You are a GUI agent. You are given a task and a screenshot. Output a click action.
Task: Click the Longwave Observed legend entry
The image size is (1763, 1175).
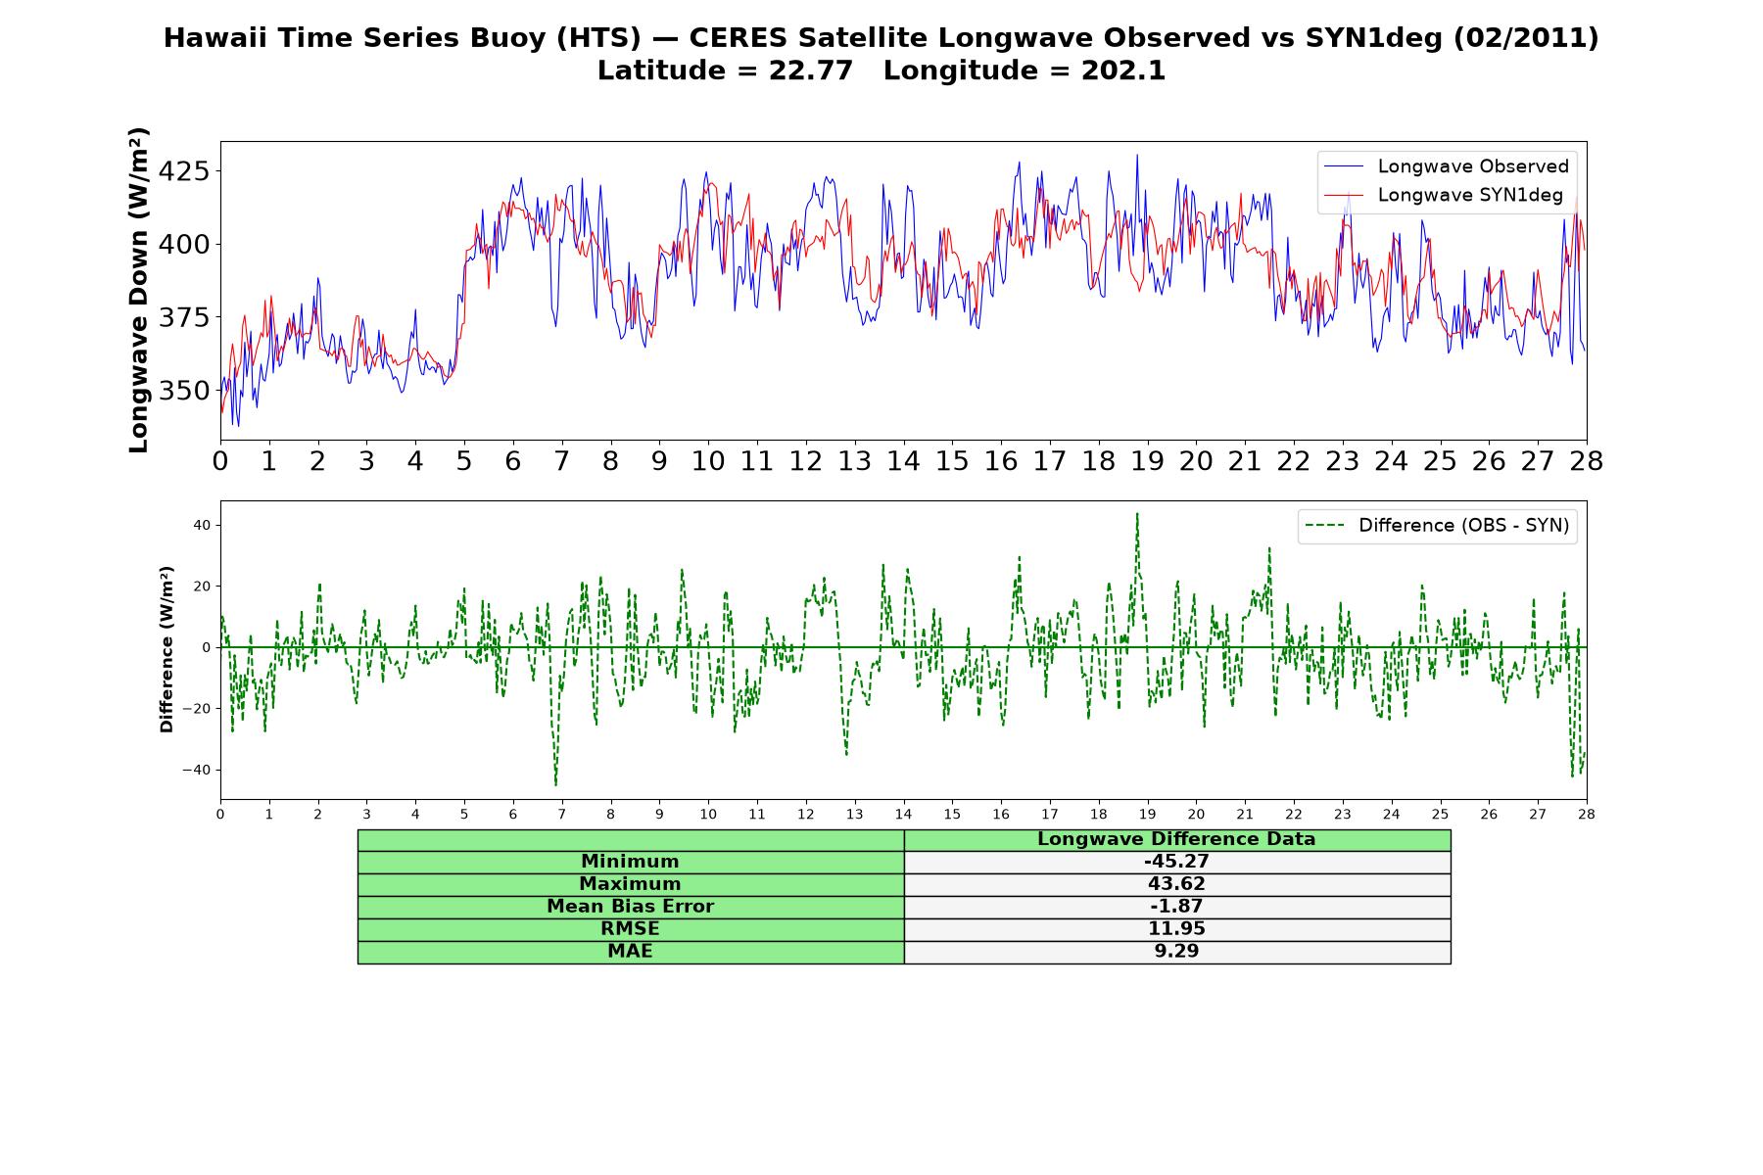coord(1446,166)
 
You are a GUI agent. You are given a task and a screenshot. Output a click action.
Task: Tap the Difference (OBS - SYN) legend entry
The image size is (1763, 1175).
coord(1437,526)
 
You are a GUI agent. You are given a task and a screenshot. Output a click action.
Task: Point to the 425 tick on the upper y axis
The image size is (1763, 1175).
coord(184,171)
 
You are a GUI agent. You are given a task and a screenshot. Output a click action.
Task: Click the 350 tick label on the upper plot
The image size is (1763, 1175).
coord(184,391)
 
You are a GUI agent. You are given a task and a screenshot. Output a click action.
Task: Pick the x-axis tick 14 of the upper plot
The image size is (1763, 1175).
coord(903,461)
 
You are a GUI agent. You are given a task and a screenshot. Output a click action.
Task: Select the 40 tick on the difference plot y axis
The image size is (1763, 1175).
coord(202,526)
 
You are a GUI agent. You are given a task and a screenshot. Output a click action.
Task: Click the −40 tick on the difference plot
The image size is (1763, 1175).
coord(196,770)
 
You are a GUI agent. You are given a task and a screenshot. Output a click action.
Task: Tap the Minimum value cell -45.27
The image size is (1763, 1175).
coord(1176,862)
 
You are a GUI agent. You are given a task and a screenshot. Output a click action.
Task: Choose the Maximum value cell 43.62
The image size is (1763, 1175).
coord(1176,884)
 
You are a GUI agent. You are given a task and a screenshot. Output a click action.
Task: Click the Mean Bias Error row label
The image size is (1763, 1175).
coord(630,907)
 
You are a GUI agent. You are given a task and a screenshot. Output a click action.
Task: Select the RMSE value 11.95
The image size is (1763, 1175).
coord(1176,929)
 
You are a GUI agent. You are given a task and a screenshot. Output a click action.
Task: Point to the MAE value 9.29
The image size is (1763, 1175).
coord(1176,952)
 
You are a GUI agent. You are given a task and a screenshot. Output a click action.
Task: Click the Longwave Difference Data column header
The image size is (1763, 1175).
coord(1176,839)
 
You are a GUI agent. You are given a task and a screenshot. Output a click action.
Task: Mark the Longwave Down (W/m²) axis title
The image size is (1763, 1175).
coord(138,290)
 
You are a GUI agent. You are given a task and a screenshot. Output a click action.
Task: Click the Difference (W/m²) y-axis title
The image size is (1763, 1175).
coord(167,649)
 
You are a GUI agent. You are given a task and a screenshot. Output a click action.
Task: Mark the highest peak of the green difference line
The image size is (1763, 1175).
coord(1137,513)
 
